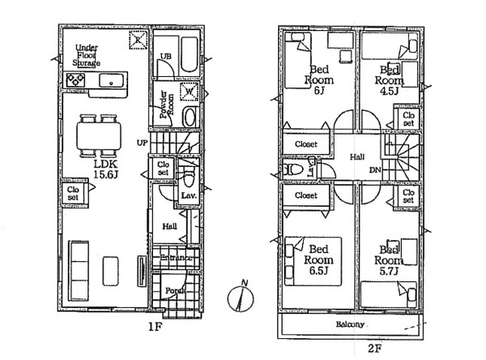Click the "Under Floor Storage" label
point(87,56)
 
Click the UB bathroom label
point(165,55)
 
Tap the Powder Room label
point(165,105)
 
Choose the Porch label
point(173,289)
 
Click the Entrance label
point(175,259)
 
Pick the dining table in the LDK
point(99,135)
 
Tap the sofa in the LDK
point(79,267)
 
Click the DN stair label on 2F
point(374,171)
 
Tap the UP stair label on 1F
point(142,143)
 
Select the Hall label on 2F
point(356,156)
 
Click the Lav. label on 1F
point(188,195)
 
